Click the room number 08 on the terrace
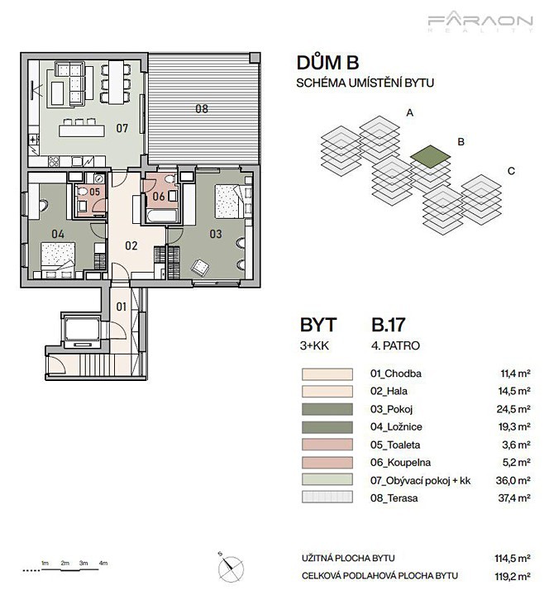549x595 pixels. (x=202, y=109)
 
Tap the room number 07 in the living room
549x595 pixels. (x=122, y=128)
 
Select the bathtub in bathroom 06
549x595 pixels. (x=162, y=215)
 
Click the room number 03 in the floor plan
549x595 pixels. (x=216, y=234)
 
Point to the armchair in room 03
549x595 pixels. (x=200, y=268)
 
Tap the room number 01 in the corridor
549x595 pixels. (x=121, y=307)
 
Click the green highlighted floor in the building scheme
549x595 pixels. (x=431, y=157)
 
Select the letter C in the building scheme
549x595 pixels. (x=511, y=171)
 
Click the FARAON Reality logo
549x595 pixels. (x=480, y=23)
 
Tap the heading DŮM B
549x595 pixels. (x=327, y=63)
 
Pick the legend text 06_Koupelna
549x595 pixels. (x=400, y=463)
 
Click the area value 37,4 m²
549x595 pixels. (x=514, y=497)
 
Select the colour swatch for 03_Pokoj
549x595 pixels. (x=327, y=409)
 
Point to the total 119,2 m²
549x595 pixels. (x=512, y=577)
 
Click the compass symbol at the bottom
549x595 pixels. (x=230, y=567)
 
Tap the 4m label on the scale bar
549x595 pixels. (x=103, y=563)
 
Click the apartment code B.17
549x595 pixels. (x=389, y=325)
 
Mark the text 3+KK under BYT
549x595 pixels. (x=314, y=345)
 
